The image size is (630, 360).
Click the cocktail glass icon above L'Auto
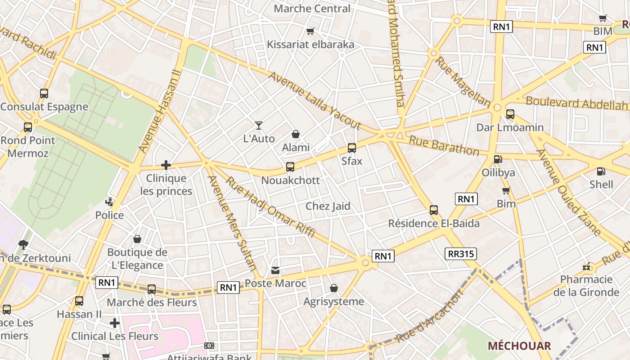pos(259,125)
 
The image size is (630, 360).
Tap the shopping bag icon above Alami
pos(296,134)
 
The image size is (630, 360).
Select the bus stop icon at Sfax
pos(352,148)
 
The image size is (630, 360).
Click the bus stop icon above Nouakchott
pos(290,167)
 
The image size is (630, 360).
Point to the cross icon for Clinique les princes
pos(166,165)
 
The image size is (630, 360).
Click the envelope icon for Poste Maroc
pos(275,270)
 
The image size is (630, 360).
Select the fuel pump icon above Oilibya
pos(498,159)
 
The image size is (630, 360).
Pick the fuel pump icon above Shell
pos(601,171)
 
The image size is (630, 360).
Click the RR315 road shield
pos(460,254)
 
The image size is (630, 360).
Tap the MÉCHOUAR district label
pos(519,346)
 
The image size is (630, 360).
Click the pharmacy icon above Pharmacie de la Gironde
pos(586,267)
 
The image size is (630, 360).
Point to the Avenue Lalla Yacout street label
pos(315,100)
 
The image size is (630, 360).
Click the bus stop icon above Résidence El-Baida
pos(434,210)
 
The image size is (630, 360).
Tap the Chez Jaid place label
pos(328,206)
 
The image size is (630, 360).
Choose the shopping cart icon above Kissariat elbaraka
pos(310,31)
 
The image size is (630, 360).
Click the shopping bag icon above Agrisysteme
pos(334,288)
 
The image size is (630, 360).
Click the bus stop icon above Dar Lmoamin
pos(510,114)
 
